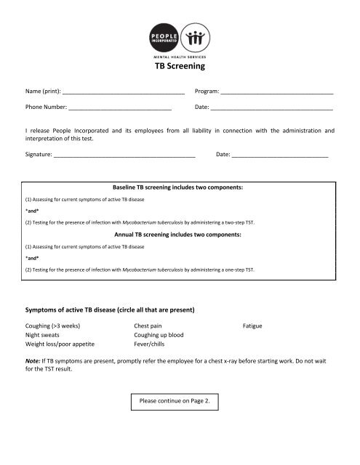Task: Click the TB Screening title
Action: pos(180,65)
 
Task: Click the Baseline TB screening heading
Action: pos(178,187)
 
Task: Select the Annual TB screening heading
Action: pos(178,235)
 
